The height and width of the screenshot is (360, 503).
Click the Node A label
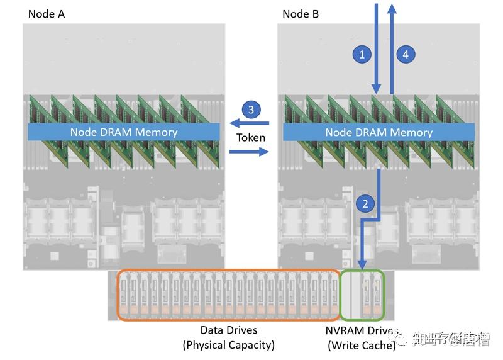[x=46, y=14]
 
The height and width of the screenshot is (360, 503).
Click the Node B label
[x=301, y=14]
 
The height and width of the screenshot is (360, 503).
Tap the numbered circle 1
[x=361, y=55]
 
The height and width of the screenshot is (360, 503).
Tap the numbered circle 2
[x=364, y=203]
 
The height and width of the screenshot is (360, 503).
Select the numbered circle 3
[x=251, y=110]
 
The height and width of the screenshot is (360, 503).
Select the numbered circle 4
[x=406, y=55]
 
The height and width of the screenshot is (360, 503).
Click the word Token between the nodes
[x=251, y=137]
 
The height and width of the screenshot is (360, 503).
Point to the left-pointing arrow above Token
[x=249, y=123]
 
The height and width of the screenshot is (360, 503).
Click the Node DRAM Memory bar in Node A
[x=124, y=132]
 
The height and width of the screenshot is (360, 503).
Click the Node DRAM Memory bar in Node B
[x=379, y=132]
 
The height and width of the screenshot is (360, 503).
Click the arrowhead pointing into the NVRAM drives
[x=362, y=264]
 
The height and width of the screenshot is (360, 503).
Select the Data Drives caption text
[x=229, y=330]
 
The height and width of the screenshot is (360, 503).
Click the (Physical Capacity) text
[x=229, y=345]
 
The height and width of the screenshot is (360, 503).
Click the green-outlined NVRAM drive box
[x=362, y=295]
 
